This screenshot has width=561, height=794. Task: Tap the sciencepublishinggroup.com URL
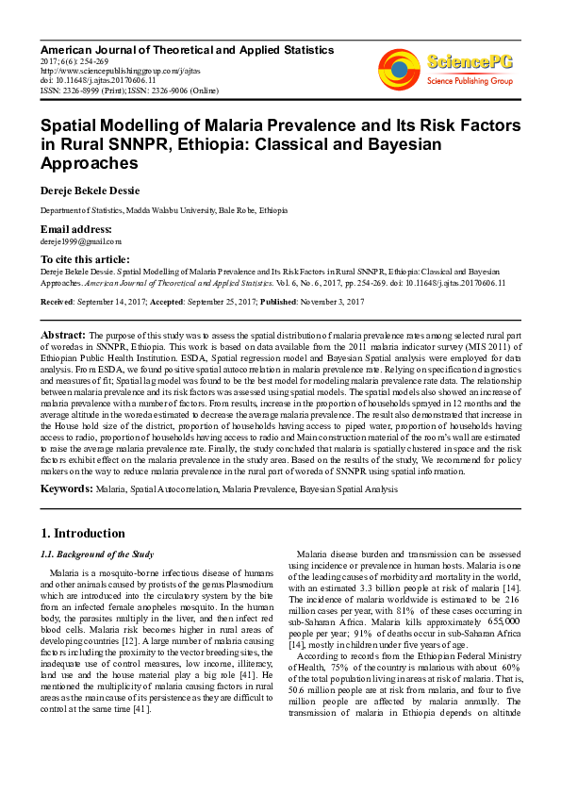[100, 70]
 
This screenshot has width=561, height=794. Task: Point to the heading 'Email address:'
[75, 229]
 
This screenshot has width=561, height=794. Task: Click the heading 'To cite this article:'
[85, 259]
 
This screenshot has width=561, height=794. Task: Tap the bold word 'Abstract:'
[63, 335]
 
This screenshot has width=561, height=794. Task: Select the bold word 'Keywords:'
[66, 489]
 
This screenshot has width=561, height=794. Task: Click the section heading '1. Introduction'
[83, 533]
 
